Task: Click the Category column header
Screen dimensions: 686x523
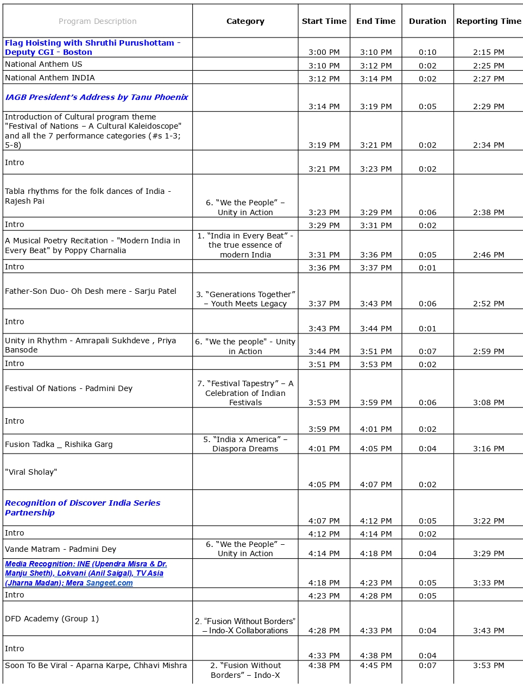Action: click(x=245, y=21)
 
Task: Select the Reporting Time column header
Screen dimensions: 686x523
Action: click(x=488, y=21)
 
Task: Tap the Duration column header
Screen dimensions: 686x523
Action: click(x=427, y=21)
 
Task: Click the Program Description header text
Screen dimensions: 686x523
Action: click(x=98, y=21)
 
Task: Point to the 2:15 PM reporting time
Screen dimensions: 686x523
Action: click(x=488, y=52)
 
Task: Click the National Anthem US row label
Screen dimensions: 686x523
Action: click(x=43, y=64)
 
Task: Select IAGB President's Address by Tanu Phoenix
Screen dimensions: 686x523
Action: click(x=97, y=97)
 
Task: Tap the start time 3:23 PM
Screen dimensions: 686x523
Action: click(x=324, y=212)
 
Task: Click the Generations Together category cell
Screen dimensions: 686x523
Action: click(x=245, y=299)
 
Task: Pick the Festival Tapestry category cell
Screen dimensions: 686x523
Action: click(x=245, y=393)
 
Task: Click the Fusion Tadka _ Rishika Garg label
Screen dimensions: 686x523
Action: click(x=59, y=444)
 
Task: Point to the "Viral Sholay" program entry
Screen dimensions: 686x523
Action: click(x=31, y=472)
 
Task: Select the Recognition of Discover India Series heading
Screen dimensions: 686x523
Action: click(x=83, y=507)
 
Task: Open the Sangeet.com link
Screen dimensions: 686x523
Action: click(x=109, y=583)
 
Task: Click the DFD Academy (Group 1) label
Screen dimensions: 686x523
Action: click(x=52, y=619)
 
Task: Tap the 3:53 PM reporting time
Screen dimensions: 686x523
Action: click(x=488, y=665)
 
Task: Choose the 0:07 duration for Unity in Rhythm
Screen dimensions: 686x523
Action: click(x=427, y=351)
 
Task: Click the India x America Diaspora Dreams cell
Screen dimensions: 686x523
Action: click(x=245, y=444)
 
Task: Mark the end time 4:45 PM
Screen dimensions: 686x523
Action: click(x=376, y=665)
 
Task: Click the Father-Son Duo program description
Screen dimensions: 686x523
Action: click(x=91, y=291)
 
